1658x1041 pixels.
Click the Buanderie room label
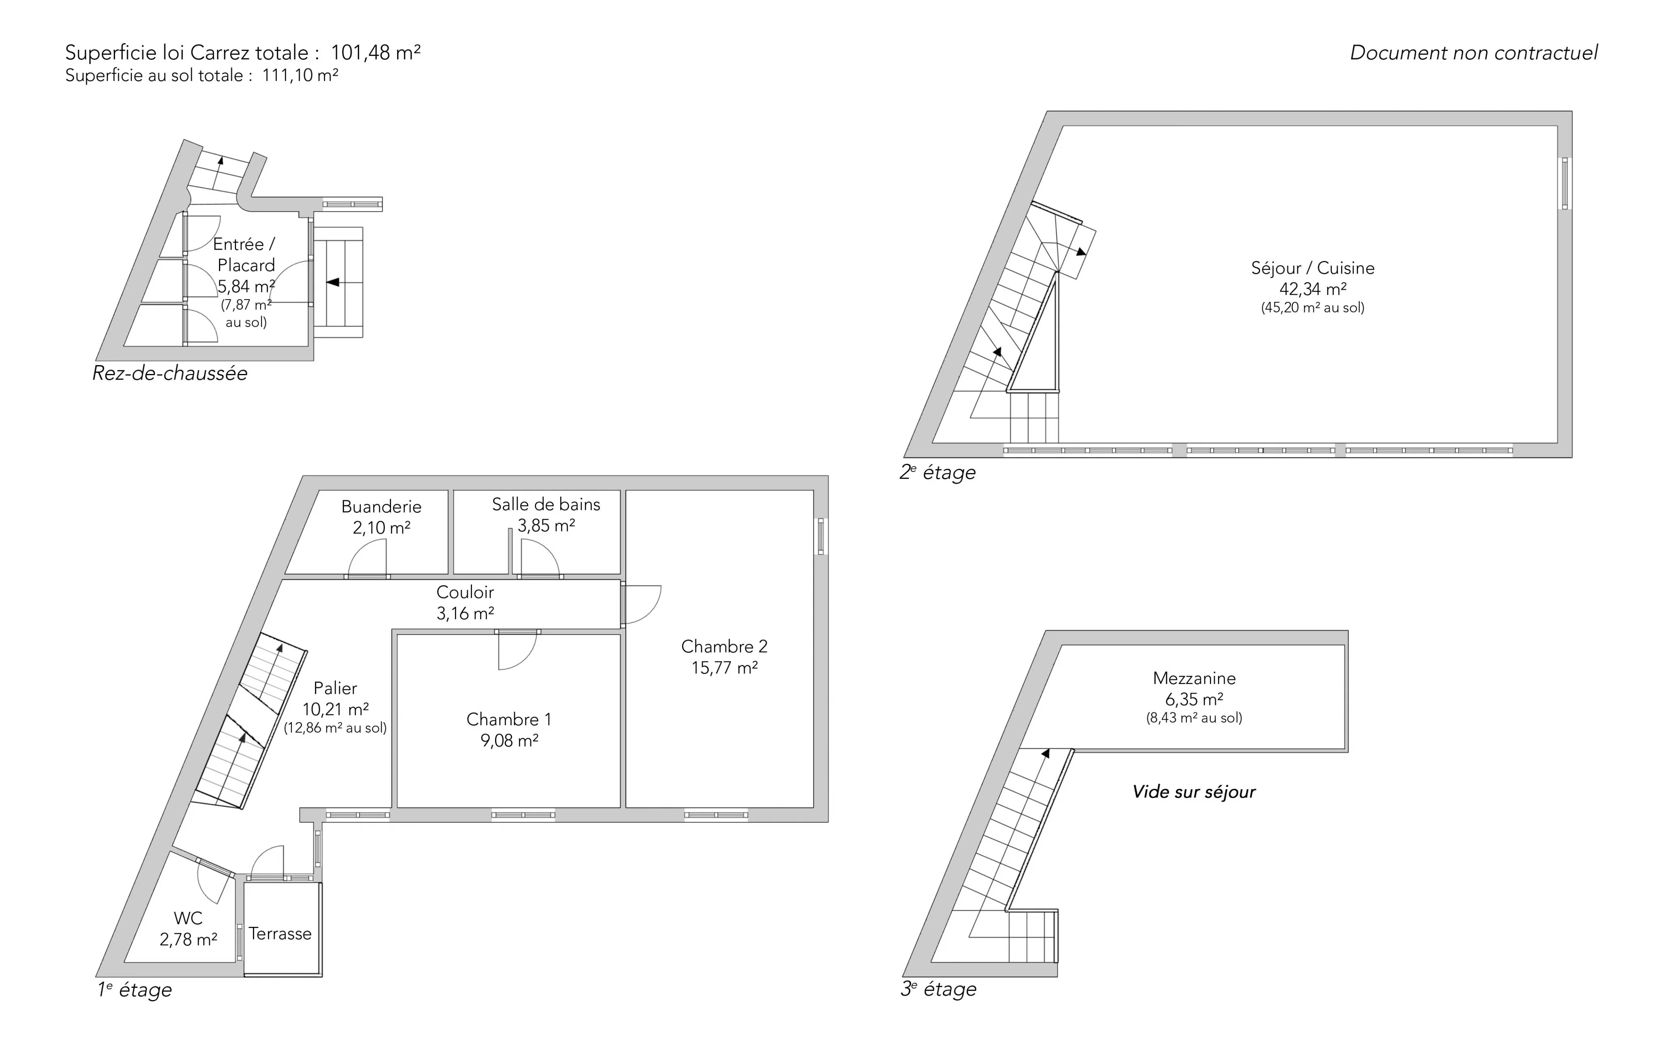pyautogui.click(x=381, y=507)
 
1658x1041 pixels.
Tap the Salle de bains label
pyautogui.click(x=546, y=505)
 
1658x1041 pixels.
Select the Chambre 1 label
pyautogui.click(x=509, y=720)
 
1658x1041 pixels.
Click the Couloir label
pyautogui.click(x=466, y=592)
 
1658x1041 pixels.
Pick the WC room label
pyautogui.click(x=188, y=918)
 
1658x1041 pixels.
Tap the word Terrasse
pyautogui.click(x=280, y=934)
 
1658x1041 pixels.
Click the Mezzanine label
pyautogui.click(x=1195, y=678)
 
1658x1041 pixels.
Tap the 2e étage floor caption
pyautogui.click(x=938, y=472)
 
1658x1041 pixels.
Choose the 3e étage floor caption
pyautogui.click(x=938, y=989)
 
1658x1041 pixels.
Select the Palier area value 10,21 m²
pyautogui.click(x=336, y=709)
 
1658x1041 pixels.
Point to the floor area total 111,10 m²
pyautogui.click(x=300, y=75)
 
